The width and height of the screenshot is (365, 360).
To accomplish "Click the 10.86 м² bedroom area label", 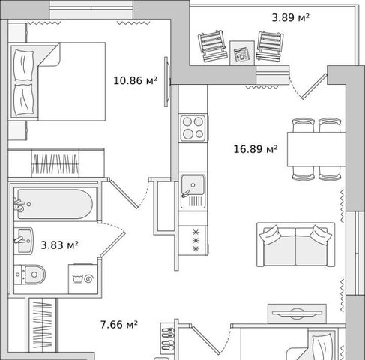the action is [136, 80].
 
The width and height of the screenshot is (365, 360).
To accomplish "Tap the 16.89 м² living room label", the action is [256, 149].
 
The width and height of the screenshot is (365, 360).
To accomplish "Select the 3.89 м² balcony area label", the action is [291, 18].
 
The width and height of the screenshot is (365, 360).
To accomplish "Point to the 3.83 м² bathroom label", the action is [59, 245].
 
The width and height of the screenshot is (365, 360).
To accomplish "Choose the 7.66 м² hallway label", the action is [119, 325].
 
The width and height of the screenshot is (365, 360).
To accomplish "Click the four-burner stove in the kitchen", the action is [193, 128].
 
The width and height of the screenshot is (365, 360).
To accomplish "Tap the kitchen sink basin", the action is [193, 185].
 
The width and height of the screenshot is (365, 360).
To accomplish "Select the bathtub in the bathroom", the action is [55, 204].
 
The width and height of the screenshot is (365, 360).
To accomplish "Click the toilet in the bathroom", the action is [30, 274].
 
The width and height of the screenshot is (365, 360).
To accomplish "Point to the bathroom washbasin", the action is [23, 241].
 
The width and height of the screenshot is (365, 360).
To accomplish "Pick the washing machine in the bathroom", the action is [83, 279].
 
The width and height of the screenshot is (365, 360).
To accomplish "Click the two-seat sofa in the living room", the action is [295, 244].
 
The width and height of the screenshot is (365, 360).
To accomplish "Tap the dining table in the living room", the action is [316, 149].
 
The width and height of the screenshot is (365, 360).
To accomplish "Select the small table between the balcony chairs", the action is [242, 53].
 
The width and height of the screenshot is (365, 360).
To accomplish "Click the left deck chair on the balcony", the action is [212, 46].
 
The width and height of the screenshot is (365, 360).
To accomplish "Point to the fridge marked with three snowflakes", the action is [193, 240].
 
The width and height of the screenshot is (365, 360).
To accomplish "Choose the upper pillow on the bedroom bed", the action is [23, 65].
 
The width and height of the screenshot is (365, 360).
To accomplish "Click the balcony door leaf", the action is [314, 86].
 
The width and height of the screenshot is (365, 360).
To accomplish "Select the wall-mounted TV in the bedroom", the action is [166, 82].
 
